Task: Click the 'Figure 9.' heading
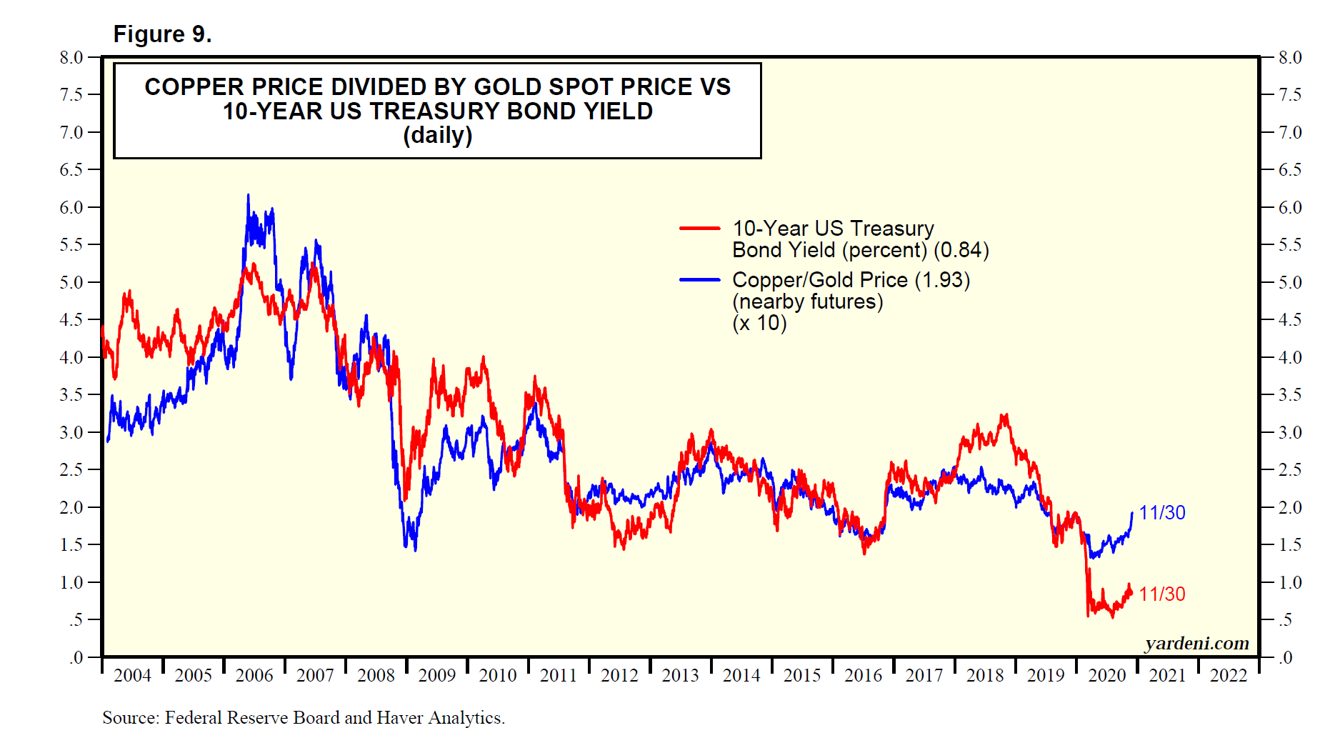coord(162,34)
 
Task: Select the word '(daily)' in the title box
coord(437,135)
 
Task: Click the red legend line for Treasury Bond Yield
coord(699,229)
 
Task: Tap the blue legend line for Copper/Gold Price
coord(699,280)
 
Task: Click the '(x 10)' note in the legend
coord(759,324)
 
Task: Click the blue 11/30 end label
coord(1161,513)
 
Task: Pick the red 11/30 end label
coord(1161,594)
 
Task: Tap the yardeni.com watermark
coord(1196,644)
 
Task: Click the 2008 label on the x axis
coord(376,676)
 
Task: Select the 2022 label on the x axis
coord(1228,676)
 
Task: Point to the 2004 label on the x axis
coord(132,676)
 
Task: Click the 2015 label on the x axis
coord(801,676)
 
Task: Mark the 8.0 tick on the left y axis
coord(71,58)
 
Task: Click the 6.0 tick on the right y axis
coord(1290,208)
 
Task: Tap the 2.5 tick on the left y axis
coord(71,470)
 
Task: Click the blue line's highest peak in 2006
coord(248,195)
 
